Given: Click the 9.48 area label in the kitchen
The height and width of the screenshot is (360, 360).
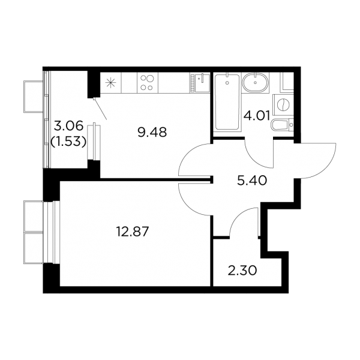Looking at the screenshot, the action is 152,133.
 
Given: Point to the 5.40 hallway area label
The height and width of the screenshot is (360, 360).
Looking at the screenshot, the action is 252,181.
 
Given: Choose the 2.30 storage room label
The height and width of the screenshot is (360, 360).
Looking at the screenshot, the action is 242,271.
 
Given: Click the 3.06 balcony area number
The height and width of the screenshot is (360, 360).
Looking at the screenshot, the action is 68,126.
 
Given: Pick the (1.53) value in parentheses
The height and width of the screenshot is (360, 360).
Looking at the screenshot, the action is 68,142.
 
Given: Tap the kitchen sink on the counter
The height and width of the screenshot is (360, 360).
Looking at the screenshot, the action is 200,83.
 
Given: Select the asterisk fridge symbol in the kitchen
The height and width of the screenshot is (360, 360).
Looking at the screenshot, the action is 110,83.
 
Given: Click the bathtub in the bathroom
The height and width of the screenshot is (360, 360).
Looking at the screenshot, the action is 227,103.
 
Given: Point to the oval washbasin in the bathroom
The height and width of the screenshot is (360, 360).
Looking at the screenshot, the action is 255,82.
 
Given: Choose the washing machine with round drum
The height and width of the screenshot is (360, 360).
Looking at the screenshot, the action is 283,105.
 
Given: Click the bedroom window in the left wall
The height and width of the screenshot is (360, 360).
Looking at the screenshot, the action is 52,232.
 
